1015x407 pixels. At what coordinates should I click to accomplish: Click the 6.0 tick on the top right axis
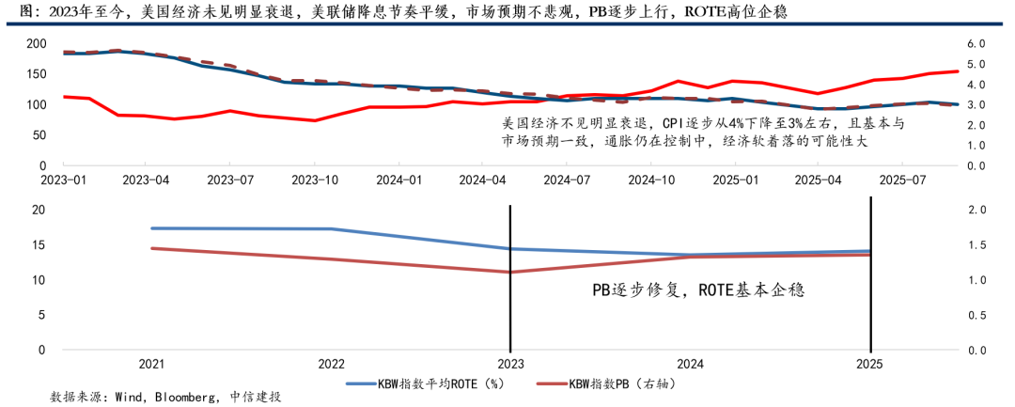[x=976, y=43]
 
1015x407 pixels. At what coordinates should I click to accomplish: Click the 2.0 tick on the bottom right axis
[x=976, y=210]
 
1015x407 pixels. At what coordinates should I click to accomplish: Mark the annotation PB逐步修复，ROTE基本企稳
[x=699, y=290]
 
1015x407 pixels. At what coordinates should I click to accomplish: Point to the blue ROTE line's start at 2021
[x=151, y=228]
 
